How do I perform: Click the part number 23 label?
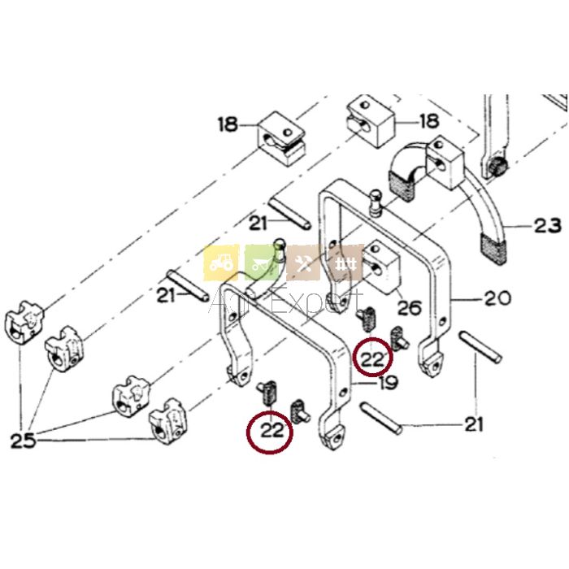coord(547,226)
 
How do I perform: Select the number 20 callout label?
coord(497,298)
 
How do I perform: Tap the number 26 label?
coord(410,308)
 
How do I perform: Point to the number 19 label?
coord(388,382)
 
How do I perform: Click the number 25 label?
coord(24,441)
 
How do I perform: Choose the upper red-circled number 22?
coord(372,359)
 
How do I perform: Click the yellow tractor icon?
coord(221,263)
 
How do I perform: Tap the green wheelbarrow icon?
coord(262,263)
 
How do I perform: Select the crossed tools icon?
coord(303,263)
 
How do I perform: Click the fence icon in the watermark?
coord(345,263)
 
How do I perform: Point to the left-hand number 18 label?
coord(228,124)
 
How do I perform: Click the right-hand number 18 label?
coord(430,121)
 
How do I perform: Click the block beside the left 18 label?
coord(281,138)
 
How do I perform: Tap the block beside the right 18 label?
coord(371,120)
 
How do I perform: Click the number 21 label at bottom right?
coord(474,423)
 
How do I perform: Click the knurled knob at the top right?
coord(497,167)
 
